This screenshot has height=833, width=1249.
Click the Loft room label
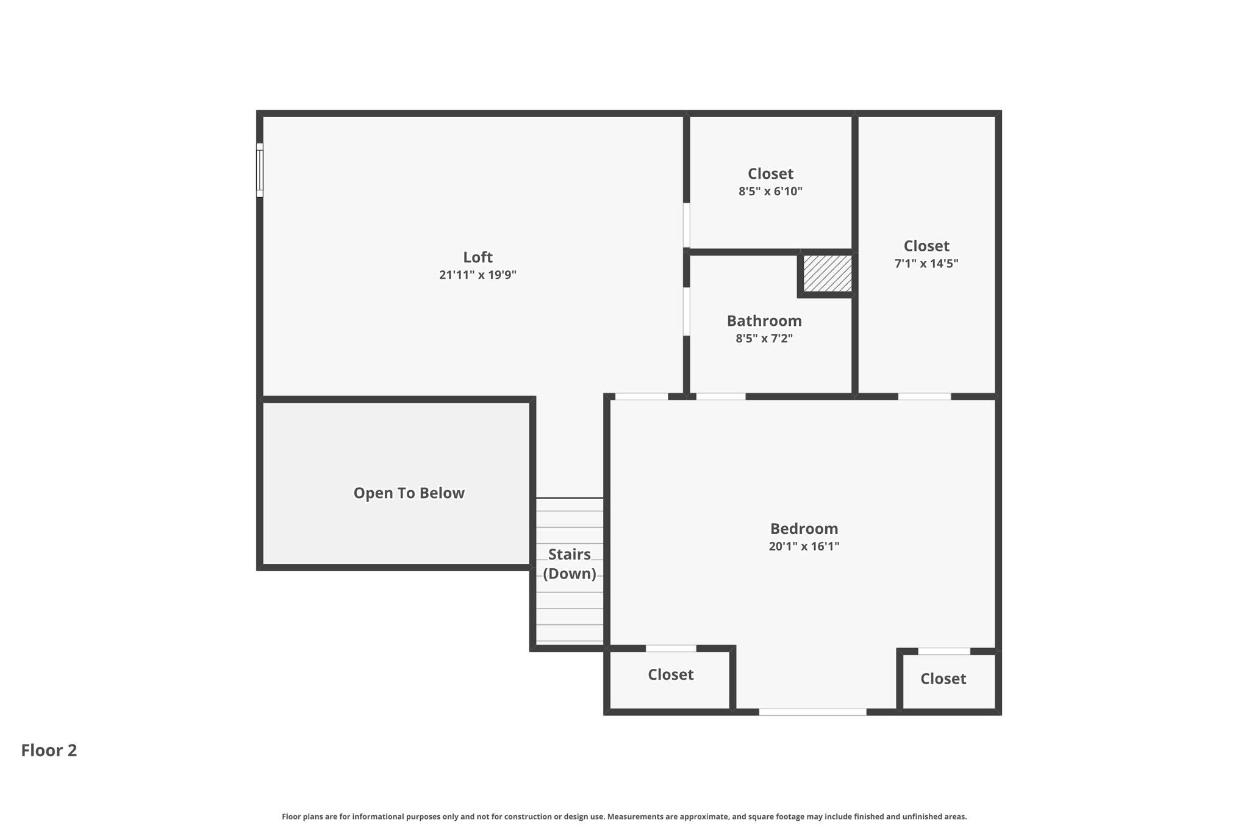(478, 257)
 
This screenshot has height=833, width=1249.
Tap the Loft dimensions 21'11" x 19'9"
(478, 275)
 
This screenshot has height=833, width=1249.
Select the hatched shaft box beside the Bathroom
(827, 273)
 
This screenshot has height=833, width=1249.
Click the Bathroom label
(764, 320)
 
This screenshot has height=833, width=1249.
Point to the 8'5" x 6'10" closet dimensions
(770, 191)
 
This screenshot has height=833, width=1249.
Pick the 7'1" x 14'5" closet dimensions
(926, 264)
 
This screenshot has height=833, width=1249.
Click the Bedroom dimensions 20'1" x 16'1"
(804, 546)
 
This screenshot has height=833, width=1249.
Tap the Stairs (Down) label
(569, 563)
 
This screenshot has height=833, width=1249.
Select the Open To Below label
(409, 492)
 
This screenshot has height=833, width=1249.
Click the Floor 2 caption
(49, 750)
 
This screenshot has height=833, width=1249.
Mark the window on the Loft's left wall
(259, 170)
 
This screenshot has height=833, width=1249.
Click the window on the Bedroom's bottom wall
(812, 712)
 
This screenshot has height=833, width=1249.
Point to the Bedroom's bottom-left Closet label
(670, 674)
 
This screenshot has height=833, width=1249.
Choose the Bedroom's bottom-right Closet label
(943, 679)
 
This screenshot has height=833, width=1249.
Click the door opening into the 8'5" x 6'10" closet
(686, 225)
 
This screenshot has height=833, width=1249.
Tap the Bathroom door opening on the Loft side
(686, 311)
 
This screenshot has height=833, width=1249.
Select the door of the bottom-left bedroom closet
(671, 648)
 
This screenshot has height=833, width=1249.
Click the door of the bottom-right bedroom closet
(943, 651)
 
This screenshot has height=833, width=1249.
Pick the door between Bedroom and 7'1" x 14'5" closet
(924, 397)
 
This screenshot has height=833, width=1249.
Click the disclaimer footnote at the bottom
(624, 817)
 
